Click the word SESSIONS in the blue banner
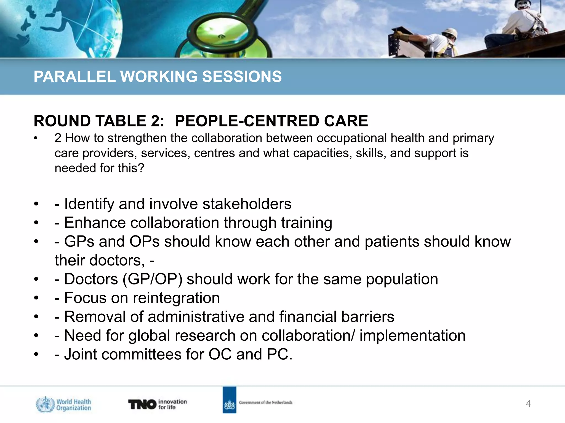(x=242, y=77)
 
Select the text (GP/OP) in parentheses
(x=152, y=279)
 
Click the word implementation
(x=412, y=336)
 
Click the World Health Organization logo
(x=63, y=404)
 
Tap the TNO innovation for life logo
(x=157, y=404)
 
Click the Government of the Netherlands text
(x=265, y=402)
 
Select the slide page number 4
(x=528, y=404)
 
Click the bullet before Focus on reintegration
(x=36, y=298)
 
